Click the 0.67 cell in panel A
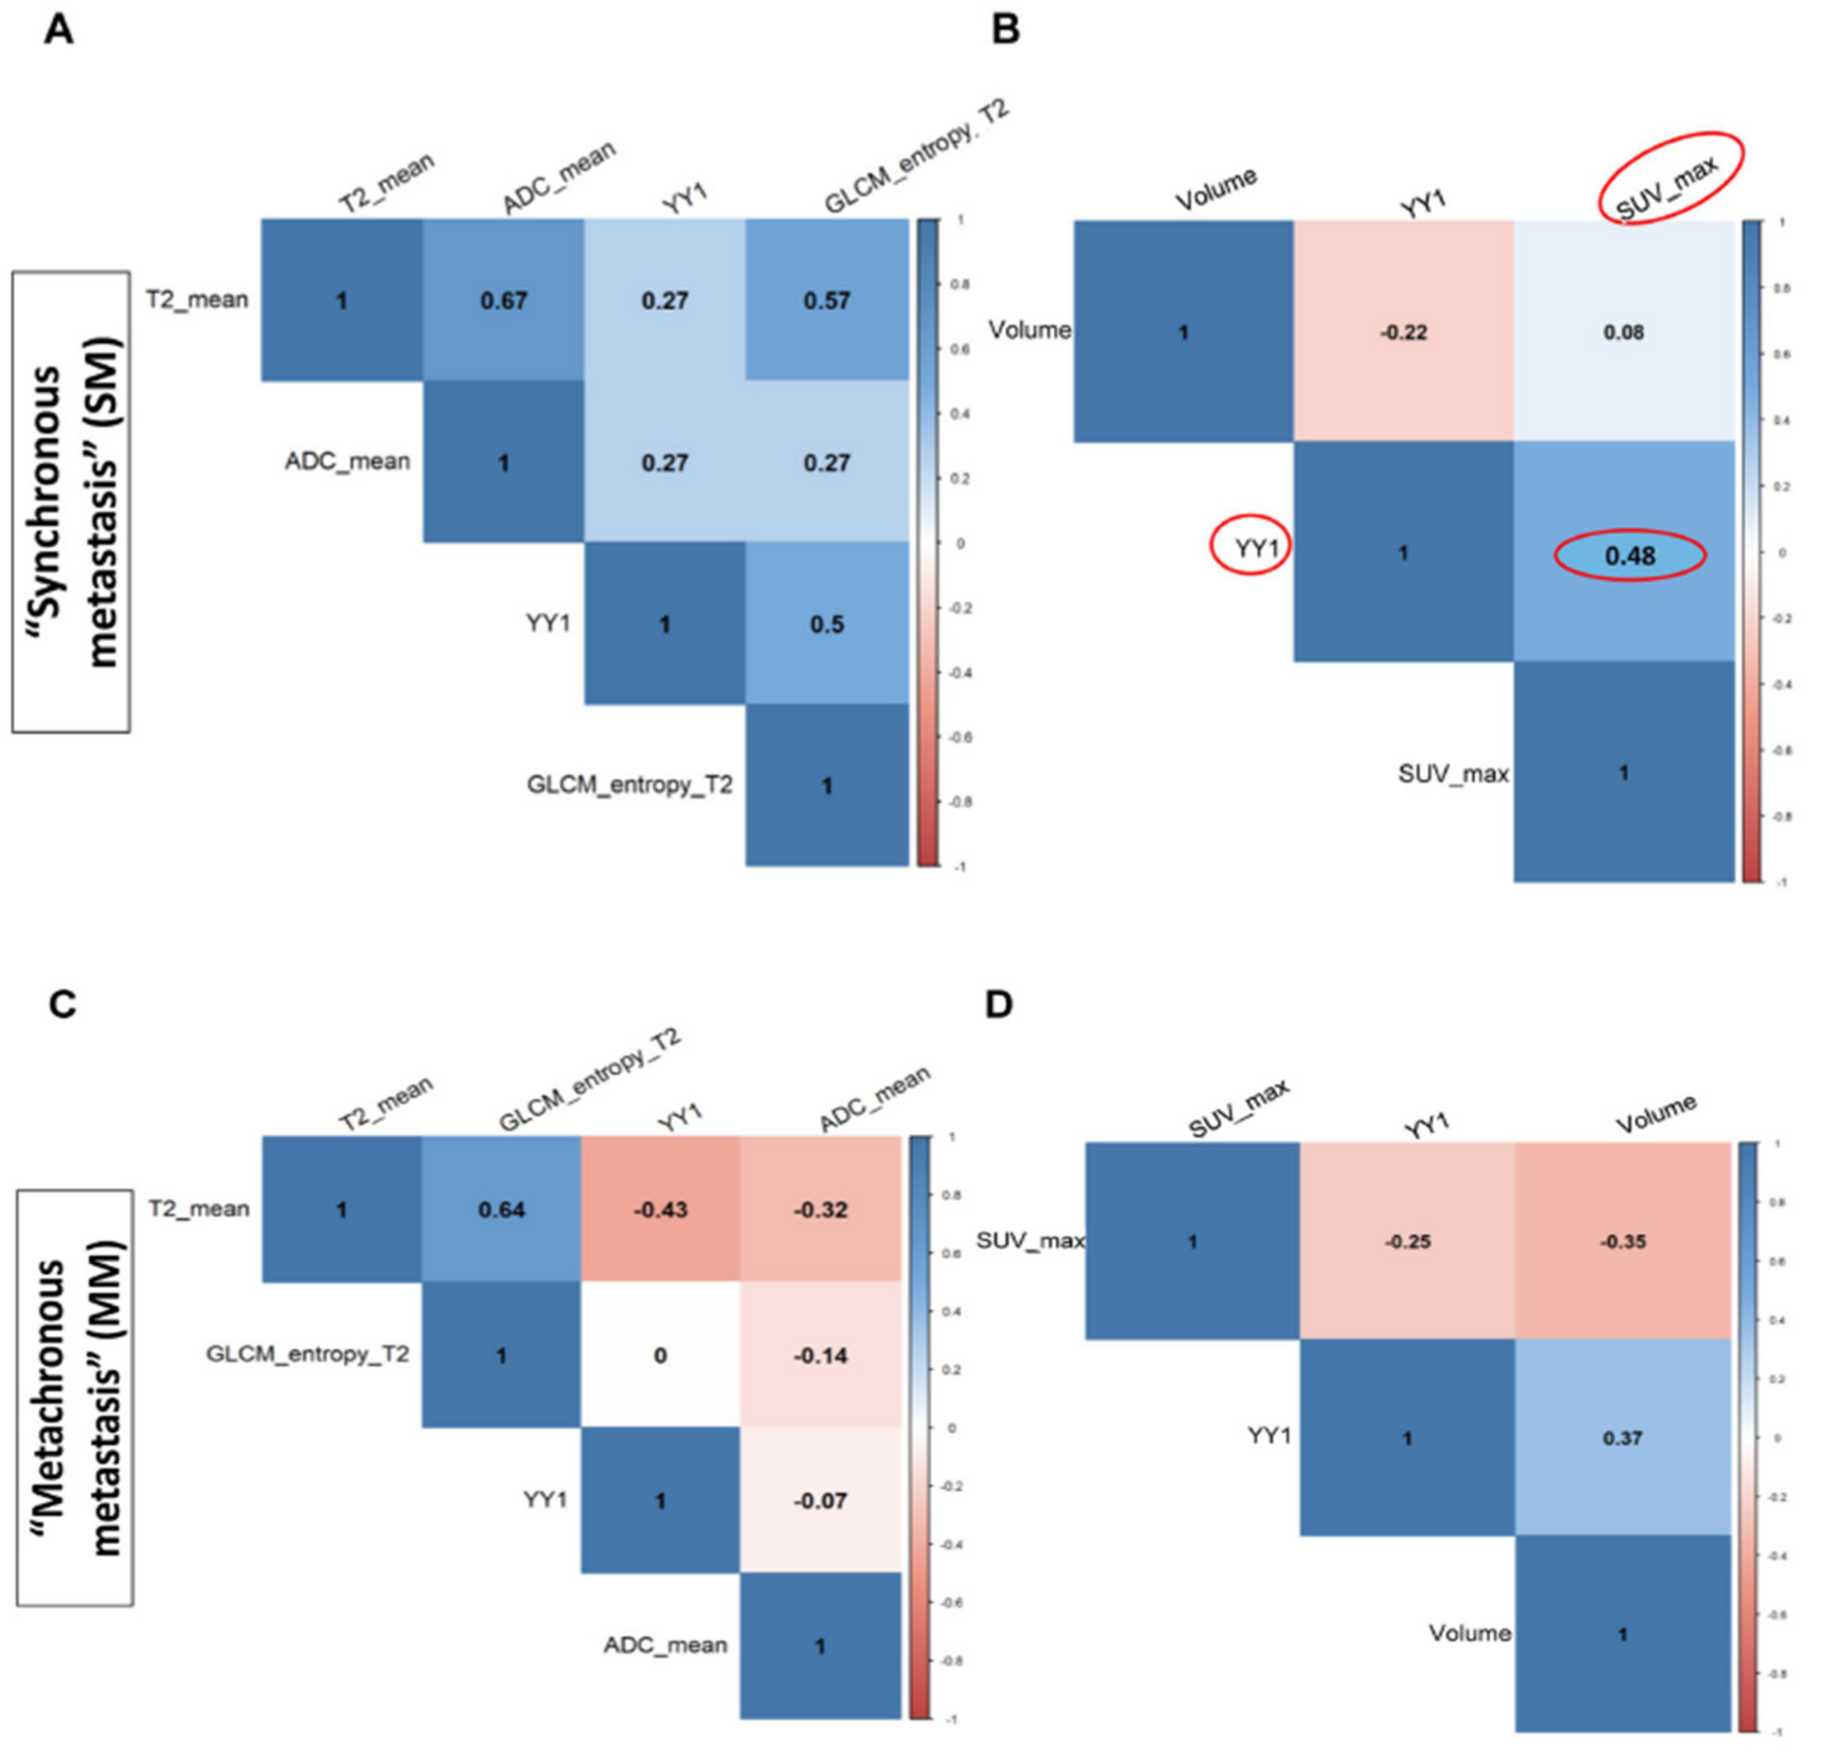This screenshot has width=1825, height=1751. coord(504,301)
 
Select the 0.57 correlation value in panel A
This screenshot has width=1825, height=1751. coord(827,301)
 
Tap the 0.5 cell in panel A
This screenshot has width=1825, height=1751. coord(827,624)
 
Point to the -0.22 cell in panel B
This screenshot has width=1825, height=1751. coord(1403,332)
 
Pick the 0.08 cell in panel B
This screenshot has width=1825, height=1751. coord(1624,332)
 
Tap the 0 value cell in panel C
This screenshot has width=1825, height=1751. coord(660,1355)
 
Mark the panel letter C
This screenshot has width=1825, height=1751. coord(62,1005)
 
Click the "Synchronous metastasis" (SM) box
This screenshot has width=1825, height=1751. coord(71,502)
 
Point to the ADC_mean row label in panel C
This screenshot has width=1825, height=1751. coord(665,1646)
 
